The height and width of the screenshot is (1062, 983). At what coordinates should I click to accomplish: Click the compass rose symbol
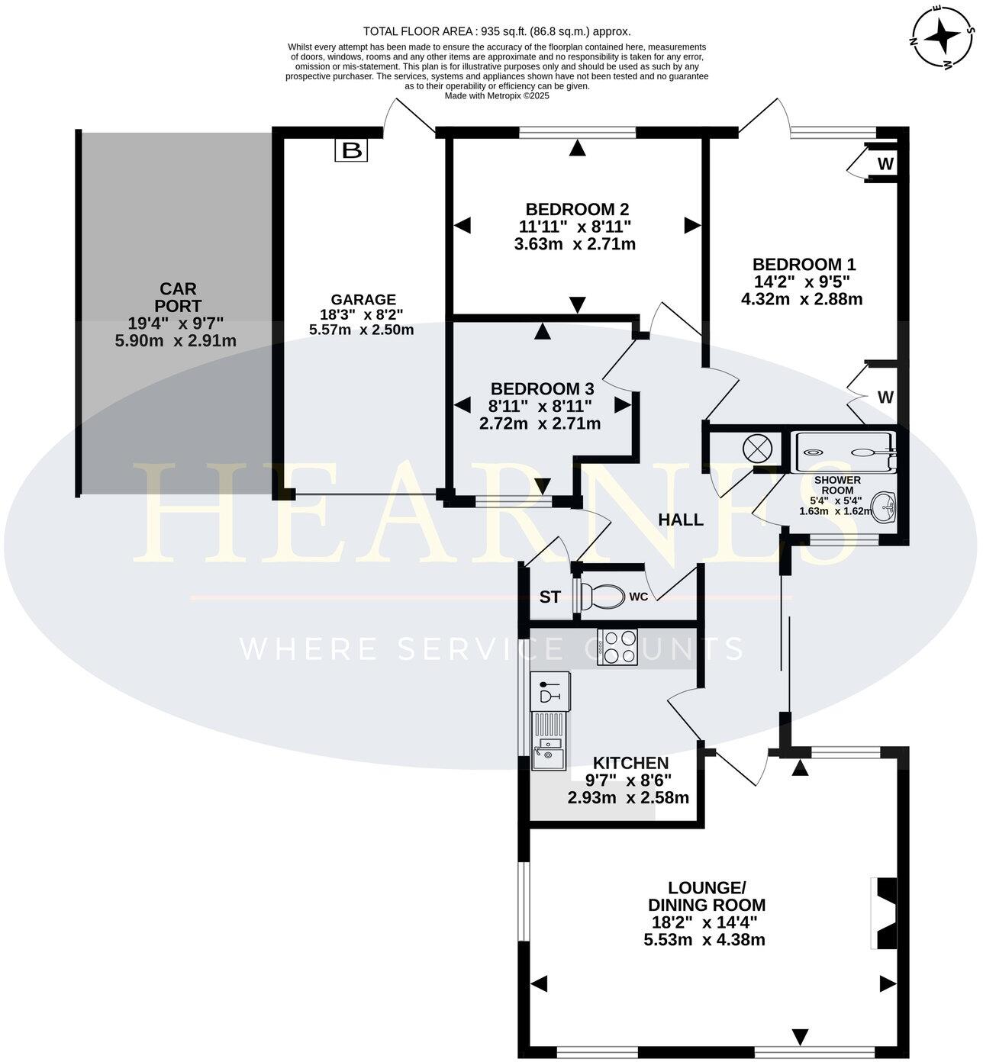(x=943, y=37)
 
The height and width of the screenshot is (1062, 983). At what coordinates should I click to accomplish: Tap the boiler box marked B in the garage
(x=351, y=150)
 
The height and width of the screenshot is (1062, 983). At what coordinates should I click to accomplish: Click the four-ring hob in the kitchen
(x=618, y=647)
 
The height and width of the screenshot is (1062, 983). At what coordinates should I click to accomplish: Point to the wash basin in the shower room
(x=885, y=504)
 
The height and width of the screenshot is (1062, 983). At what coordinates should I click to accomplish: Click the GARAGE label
(x=363, y=300)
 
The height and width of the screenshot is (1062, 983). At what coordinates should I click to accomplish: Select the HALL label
(x=681, y=520)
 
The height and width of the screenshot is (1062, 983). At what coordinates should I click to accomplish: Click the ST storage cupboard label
(x=550, y=597)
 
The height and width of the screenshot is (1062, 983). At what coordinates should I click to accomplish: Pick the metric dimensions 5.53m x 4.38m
(x=704, y=940)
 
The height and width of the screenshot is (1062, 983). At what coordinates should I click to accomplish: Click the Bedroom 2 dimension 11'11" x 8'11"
(x=575, y=227)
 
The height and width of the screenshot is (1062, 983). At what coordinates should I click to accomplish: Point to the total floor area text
(x=497, y=31)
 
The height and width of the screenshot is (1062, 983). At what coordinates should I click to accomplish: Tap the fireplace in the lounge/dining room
(x=885, y=914)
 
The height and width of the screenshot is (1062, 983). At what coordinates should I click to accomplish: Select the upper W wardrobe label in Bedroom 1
(x=885, y=164)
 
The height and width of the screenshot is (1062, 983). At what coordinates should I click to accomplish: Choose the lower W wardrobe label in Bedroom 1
(x=885, y=397)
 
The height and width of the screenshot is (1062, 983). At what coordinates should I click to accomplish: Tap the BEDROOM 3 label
(x=542, y=388)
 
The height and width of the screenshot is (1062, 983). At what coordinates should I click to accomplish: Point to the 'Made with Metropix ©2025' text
(x=497, y=96)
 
